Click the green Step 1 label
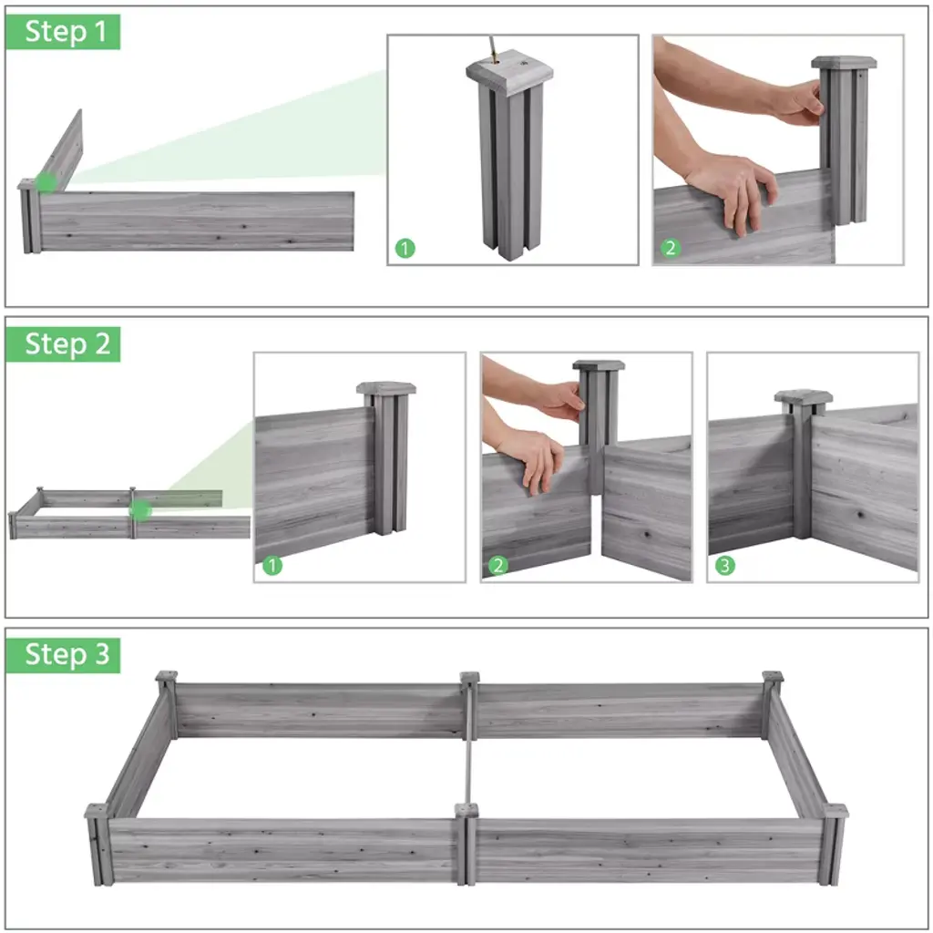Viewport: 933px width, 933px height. pyautogui.click(x=63, y=32)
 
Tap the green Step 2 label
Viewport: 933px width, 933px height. pyautogui.click(x=63, y=343)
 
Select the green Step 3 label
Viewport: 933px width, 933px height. pyautogui.click(x=63, y=655)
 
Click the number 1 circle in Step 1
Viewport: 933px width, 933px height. pyautogui.click(x=405, y=248)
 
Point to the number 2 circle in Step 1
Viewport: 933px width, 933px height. pyautogui.click(x=671, y=248)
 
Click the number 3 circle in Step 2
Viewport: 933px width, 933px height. pyautogui.click(x=724, y=565)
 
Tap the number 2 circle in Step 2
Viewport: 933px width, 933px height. pyautogui.click(x=498, y=565)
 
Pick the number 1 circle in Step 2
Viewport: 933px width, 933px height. pyautogui.click(x=272, y=565)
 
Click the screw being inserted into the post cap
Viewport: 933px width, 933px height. pyautogui.click(x=493, y=49)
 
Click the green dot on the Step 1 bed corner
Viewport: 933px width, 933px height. pyautogui.click(x=46, y=182)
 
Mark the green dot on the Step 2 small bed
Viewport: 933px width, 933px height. pyautogui.click(x=140, y=510)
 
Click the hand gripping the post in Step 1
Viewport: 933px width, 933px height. pyautogui.click(x=798, y=102)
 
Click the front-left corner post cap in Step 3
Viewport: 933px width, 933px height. pyautogui.click(x=97, y=810)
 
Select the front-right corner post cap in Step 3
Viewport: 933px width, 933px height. pyautogui.click(x=836, y=811)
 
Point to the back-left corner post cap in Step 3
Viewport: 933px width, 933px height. pyautogui.click(x=167, y=676)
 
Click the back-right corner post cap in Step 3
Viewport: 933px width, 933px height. pyautogui.click(x=773, y=676)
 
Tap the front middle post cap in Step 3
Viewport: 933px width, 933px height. pyautogui.click(x=466, y=810)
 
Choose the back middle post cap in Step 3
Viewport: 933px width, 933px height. pyautogui.click(x=470, y=677)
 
